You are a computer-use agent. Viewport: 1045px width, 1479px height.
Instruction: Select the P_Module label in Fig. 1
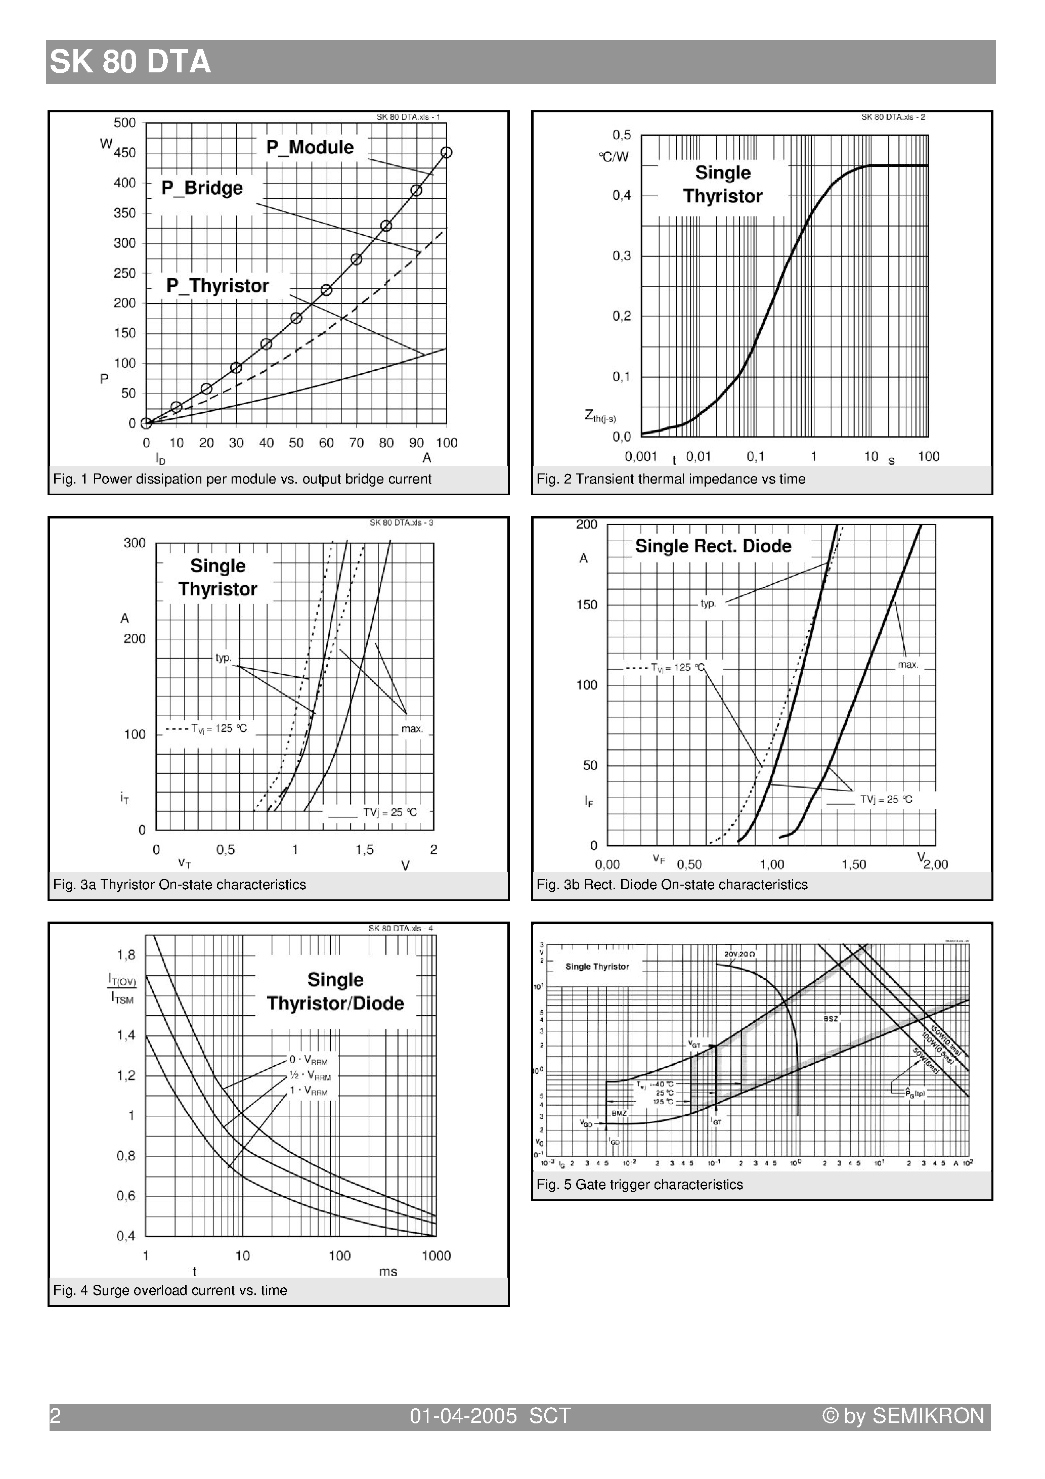(x=310, y=148)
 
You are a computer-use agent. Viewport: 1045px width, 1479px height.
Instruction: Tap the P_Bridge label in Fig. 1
(x=202, y=188)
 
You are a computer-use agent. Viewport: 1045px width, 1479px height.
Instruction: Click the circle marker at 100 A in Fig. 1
(x=447, y=153)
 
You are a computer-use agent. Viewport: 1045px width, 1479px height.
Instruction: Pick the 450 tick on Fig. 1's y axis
(x=125, y=153)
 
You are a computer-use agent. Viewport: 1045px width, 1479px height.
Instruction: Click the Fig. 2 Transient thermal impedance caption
(x=671, y=479)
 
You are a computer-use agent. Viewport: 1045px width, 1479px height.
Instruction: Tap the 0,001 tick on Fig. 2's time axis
(x=640, y=457)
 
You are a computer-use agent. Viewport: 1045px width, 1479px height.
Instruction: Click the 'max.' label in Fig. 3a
(x=412, y=728)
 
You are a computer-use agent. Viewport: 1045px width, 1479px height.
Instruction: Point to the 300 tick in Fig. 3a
(x=135, y=543)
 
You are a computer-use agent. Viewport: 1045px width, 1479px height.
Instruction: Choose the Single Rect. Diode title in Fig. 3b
(x=713, y=546)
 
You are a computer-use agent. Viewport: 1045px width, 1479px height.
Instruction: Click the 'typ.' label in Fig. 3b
(x=708, y=603)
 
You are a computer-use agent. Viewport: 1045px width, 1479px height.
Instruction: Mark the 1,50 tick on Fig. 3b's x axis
(x=854, y=864)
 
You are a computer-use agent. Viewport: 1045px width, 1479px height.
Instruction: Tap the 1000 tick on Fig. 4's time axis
(x=436, y=1255)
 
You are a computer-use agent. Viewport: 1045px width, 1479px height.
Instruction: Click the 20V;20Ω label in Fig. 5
(x=739, y=953)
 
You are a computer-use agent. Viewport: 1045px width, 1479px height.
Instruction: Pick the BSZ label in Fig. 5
(x=831, y=1018)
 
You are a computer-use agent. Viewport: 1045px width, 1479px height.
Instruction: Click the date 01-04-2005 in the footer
(x=463, y=1415)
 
